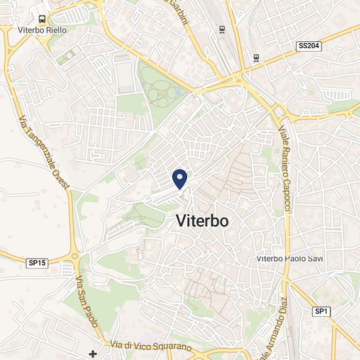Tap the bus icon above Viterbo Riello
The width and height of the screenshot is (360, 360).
42,20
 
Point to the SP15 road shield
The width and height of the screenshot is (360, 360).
37,262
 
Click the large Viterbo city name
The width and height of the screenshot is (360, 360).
202,221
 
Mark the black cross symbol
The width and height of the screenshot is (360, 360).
93,354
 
